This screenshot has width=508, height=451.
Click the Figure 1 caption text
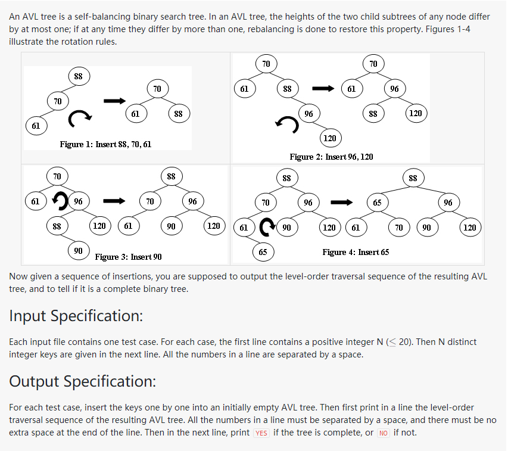click(x=105, y=144)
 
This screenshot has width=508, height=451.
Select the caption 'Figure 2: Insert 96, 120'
click(x=331, y=157)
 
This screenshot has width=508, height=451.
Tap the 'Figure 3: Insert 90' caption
click(x=128, y=257)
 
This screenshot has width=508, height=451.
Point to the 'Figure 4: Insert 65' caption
click(x=356, y=252)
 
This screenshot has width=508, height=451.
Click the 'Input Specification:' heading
click(x=76, y=316)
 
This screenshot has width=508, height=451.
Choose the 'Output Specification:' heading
click(x=82, y=381)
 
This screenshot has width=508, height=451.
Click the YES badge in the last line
click(x=261, y=433)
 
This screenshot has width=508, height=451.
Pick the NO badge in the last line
click(x=384, y=433)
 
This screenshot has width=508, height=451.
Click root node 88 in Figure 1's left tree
click(x=78, y=76)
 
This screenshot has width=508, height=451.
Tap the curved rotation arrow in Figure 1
click(x=80, y=119)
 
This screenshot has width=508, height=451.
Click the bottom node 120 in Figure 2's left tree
click(x=329, y=138)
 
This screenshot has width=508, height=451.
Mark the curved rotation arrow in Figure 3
click(x=60, y=201)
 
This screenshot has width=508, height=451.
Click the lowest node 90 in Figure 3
click(x=78, y=251)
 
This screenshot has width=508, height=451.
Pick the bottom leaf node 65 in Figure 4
click(x=263, y=251)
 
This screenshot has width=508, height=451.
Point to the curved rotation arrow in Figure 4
click(x=268, y=226)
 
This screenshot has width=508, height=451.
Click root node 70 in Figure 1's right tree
click(x=157, y=89)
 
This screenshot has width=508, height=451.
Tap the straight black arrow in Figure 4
click(x=342, y=202)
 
